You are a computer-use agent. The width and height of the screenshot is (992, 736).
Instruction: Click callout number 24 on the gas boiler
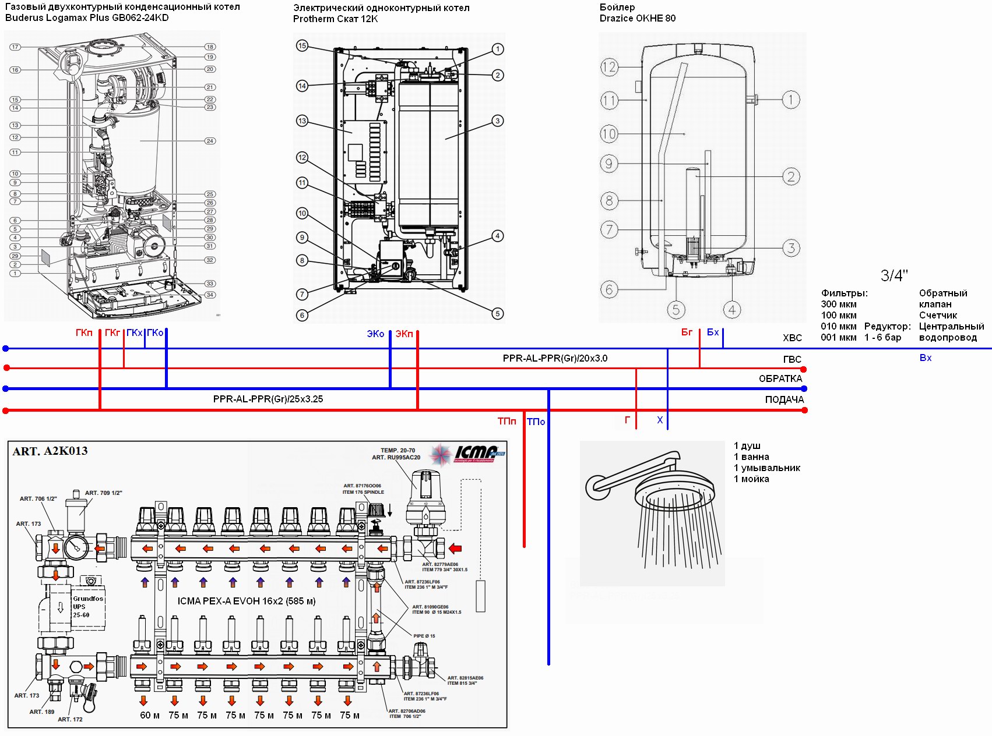point(210,141)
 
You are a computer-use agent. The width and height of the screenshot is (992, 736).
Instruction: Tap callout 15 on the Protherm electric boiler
point(302,45)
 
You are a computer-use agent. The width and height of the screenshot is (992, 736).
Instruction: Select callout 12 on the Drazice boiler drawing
point(609,68)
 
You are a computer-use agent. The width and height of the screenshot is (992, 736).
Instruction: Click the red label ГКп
point(84,332)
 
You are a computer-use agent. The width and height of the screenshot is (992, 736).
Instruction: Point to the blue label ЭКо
point(375,334)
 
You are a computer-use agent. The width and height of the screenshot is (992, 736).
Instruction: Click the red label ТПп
point(506,421)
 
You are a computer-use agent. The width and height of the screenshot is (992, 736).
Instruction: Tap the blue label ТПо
point(536,422)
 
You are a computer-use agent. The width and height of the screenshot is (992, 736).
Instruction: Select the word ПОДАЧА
point(784,399)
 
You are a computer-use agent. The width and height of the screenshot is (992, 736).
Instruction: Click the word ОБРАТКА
point(780,378)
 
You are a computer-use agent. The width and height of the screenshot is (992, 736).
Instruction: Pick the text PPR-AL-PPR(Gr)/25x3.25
point(268,399)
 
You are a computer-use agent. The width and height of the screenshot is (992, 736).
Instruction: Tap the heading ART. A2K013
point(50,451)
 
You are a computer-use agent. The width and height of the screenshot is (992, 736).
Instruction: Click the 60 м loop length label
point(150,715)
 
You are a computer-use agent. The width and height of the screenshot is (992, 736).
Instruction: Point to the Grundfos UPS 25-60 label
point(87,607)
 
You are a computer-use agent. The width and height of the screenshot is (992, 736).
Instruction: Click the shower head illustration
point(653,512)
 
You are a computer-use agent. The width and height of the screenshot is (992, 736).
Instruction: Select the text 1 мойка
point(751,479)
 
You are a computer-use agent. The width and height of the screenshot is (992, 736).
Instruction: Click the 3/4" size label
point(894,275)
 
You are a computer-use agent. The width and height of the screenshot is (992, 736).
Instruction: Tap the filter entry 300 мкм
point(839,304)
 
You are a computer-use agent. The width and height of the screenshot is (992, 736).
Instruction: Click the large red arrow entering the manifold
point(455,549)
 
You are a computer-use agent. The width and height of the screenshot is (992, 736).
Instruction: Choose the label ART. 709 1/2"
point(104,493)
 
